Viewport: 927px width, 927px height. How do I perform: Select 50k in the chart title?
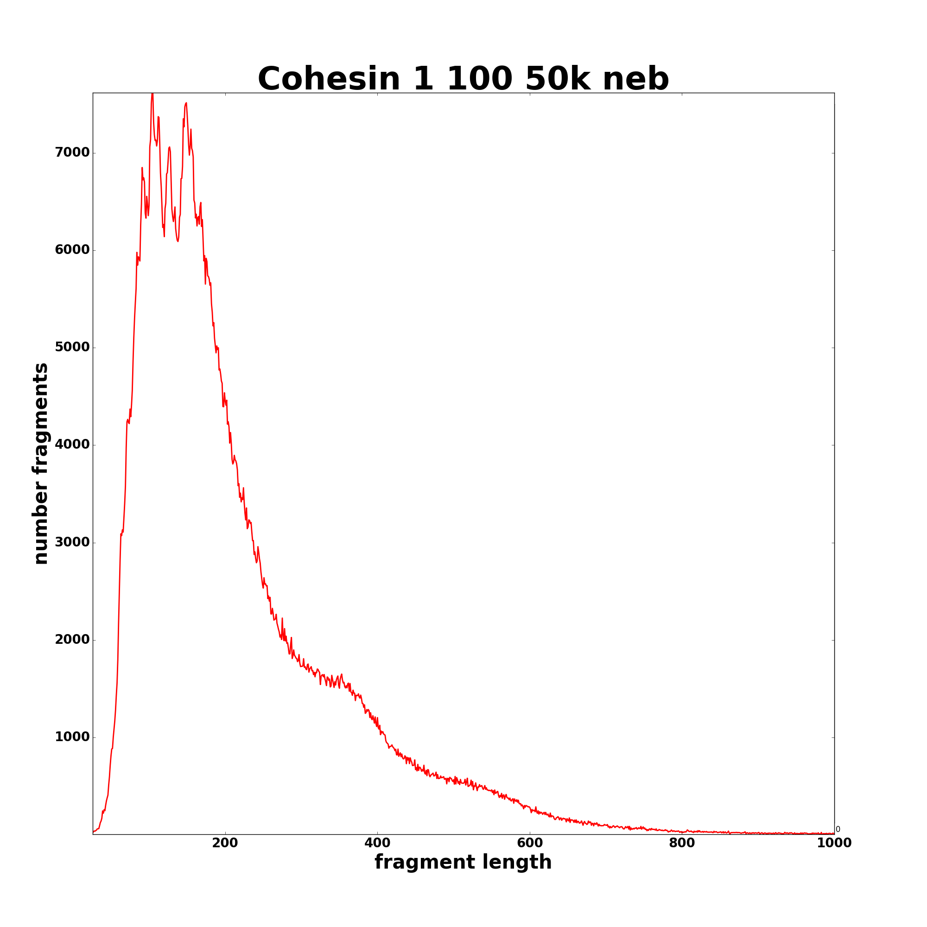pos(558,79)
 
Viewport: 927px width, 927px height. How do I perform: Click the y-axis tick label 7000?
pos(72,152)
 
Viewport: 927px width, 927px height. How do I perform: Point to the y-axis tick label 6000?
pos(72,250)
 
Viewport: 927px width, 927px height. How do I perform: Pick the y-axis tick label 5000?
pos(72,347)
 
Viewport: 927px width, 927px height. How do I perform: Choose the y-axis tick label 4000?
pos(72,445)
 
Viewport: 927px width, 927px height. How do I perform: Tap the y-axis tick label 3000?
pos(72,542)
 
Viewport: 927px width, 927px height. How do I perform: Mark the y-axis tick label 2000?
pos(72,640)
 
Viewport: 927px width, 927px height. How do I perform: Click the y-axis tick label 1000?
pos(72,737)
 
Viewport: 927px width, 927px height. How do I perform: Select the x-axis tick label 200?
pos(225,843)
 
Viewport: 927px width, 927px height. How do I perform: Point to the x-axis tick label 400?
pos(377,843)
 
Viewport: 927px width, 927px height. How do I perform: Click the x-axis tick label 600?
pos(530,843)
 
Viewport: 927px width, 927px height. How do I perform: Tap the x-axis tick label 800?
pos(682,843)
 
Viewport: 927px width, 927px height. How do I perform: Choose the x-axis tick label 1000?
pos(834,843)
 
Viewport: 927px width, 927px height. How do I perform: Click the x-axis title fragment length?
pos(463,862)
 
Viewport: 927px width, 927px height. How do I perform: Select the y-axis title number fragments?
pos(41,463)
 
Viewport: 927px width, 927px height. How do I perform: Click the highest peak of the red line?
pos(152,94)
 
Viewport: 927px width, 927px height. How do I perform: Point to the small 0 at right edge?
pos(838,829)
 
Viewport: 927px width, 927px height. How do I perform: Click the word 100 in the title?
pos(480,79)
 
